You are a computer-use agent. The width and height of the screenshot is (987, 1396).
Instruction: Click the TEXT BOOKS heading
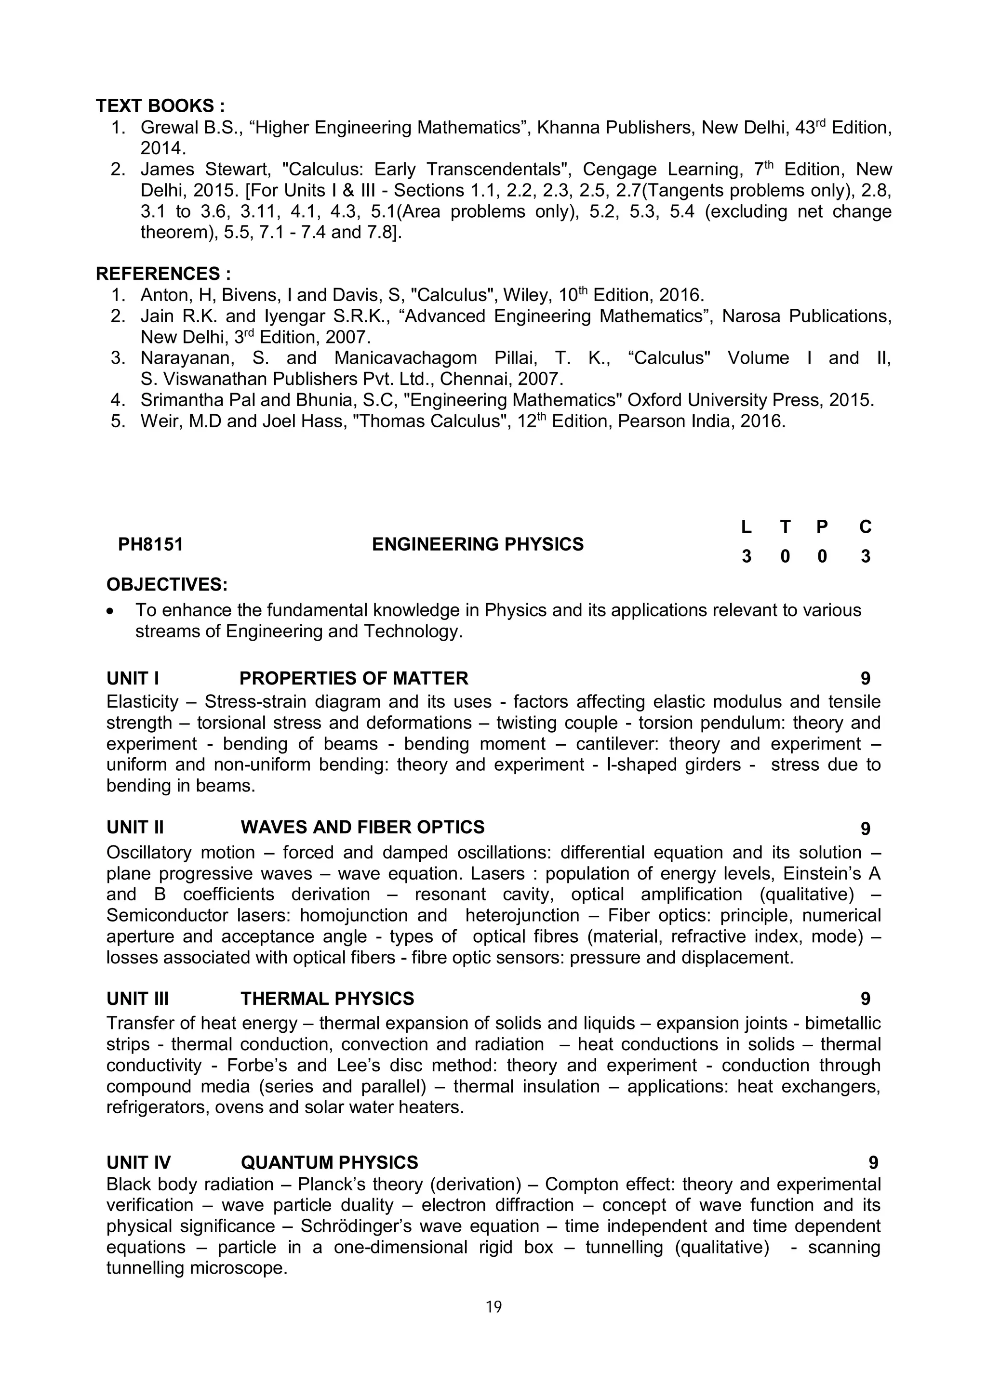tap(160, 106)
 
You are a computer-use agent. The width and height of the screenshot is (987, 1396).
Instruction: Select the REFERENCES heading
tap(163, 274)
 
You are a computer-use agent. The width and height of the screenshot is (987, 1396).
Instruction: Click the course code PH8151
tap(151, 544)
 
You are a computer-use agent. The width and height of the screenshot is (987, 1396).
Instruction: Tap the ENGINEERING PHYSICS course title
tap(478, 544)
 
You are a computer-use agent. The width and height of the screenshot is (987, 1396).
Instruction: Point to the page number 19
tap(494, 1306)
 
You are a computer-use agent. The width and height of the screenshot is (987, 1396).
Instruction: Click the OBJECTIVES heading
tap(167, 584)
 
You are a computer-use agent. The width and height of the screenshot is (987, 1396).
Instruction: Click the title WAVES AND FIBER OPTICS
tap(362, 827)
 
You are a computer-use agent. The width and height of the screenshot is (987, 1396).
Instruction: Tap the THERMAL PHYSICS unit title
tap(327, 999)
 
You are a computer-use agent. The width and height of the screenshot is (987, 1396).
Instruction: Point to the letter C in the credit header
tap(866, 527)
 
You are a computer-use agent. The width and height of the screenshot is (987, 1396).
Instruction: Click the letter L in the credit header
tap(746, 527)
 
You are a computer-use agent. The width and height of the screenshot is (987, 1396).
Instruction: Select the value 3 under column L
tap(746, 556)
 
